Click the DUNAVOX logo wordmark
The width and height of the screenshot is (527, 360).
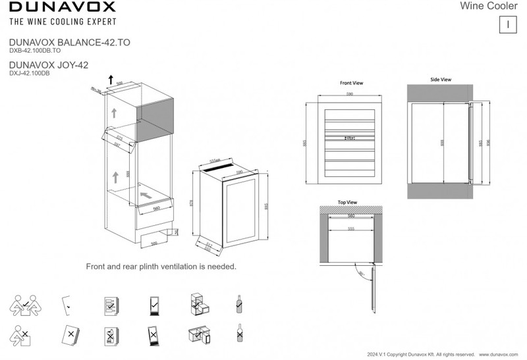point(63,8)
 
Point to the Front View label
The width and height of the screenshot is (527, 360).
point(351,84)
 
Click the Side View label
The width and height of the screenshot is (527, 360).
point(440,79)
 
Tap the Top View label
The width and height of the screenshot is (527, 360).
point(347,202)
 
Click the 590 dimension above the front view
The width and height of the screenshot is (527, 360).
point(350,95)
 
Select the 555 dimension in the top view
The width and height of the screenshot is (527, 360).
point(351,228)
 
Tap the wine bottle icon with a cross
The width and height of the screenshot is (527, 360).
point(238,334)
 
